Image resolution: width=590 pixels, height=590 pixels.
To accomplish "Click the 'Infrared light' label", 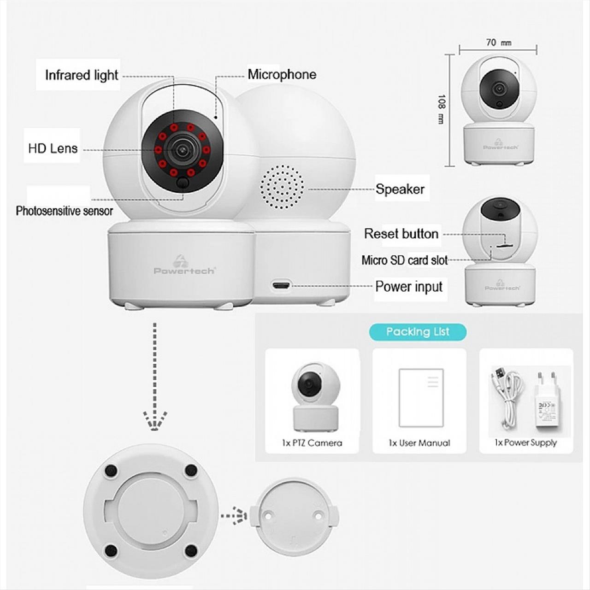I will tap(81, 75).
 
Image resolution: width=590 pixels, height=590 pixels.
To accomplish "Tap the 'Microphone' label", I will tap(282, 74).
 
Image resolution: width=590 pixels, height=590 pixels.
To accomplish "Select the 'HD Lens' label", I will tap(53, 148).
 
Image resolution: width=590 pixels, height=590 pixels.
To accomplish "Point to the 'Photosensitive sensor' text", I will tap(64, 211).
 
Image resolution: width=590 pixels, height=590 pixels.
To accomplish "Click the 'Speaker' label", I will tap(400, 189).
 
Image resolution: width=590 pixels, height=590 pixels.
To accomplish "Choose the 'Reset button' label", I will tap(401, 234).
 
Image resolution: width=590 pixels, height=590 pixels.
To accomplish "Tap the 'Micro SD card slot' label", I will tap(404, 260).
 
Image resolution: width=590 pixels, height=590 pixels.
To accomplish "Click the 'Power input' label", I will tap(409, 287).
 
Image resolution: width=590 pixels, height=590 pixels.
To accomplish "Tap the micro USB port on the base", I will tap(281, 286).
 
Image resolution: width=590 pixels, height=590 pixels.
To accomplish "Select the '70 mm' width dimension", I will tap(498, 43).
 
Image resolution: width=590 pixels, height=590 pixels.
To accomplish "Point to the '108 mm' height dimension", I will tap(441, 109).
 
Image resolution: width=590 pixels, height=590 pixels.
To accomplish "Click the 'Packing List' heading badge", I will tap(418, 332).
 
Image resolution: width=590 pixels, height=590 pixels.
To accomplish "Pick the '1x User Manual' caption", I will tap(419, 443).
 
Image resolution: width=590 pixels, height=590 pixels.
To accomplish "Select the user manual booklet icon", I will tap(421, 398).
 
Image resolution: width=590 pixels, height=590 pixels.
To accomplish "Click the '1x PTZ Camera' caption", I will tap(312, 443).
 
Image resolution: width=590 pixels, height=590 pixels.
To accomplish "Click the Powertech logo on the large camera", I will tap(184, 266).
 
